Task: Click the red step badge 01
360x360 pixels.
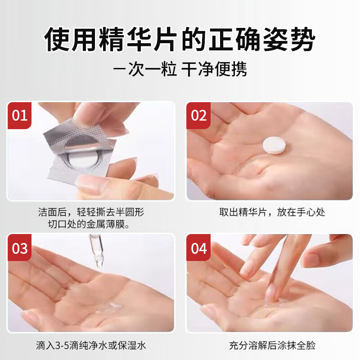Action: coord(19,116)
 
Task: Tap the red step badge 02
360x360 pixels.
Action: coord(198,116)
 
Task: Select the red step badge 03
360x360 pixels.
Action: coord(19,248)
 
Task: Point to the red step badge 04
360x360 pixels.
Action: coord(198,248)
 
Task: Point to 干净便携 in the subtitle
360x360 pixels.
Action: coord(214,70)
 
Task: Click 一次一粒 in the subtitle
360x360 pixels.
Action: coord(145,70)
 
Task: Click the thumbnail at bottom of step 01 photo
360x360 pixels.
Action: coord(90,182)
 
